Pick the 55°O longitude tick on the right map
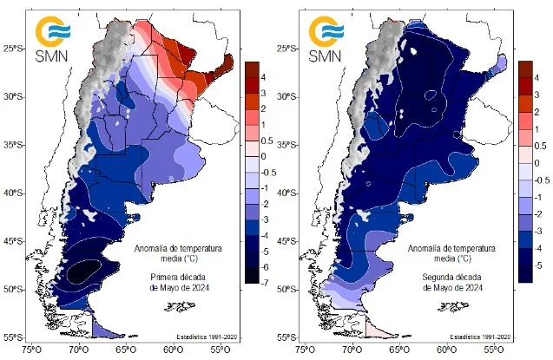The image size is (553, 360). click(x=493, y=350)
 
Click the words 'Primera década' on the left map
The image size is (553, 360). click(x=172, y=278)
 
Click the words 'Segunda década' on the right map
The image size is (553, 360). click(x=444, y=278)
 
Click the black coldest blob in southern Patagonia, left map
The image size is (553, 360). click(x=85, y=270)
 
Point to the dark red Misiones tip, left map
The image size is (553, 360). click(x=227, y=62)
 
